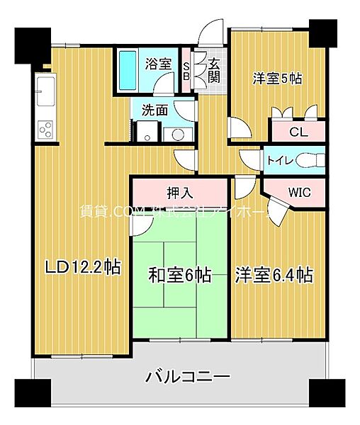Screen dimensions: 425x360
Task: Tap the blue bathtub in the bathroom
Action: tap(128, 71)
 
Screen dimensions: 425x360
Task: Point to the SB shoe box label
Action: tap(186, 72)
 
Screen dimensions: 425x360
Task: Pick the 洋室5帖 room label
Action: tap(278, 79)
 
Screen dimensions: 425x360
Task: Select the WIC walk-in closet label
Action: tap(298, 191)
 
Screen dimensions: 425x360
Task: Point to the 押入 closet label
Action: tap(180, 193)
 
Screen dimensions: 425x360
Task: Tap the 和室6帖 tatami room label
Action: tap(179, 275)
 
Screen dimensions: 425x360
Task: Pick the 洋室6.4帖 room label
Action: tap(274, 275)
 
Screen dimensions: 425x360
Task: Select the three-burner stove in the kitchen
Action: tap(45, 130)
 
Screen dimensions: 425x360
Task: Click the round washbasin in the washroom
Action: tap(174, 133)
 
